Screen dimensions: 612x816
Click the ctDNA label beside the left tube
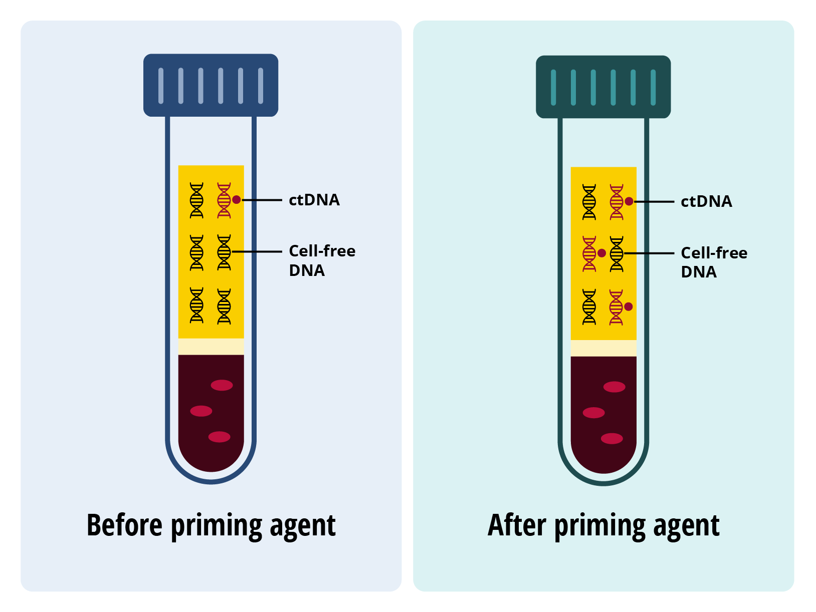[314, 200]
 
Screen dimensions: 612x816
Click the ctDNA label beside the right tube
[706, 201]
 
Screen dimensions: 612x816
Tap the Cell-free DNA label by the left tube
[322, 260]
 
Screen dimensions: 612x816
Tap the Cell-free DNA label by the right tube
[713, 262]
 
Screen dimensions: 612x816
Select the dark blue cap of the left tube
[211, 85]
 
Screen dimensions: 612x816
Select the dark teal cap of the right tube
[603, 87]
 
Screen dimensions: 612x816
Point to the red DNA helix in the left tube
[224, 200]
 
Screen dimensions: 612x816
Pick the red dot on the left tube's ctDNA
[237, 200]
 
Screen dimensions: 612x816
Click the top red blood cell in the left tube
[222, 385]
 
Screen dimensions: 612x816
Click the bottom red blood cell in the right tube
[611, 439]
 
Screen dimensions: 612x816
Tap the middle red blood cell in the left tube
[201, 411]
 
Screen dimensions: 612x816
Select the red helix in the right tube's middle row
[589, 254]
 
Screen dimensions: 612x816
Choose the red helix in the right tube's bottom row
[616, 307]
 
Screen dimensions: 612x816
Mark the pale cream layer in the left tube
[211, 347]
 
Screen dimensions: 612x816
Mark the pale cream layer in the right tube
[603, 348]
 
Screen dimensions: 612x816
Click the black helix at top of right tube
[589, 202]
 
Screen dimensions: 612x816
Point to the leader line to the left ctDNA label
[262, 200]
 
